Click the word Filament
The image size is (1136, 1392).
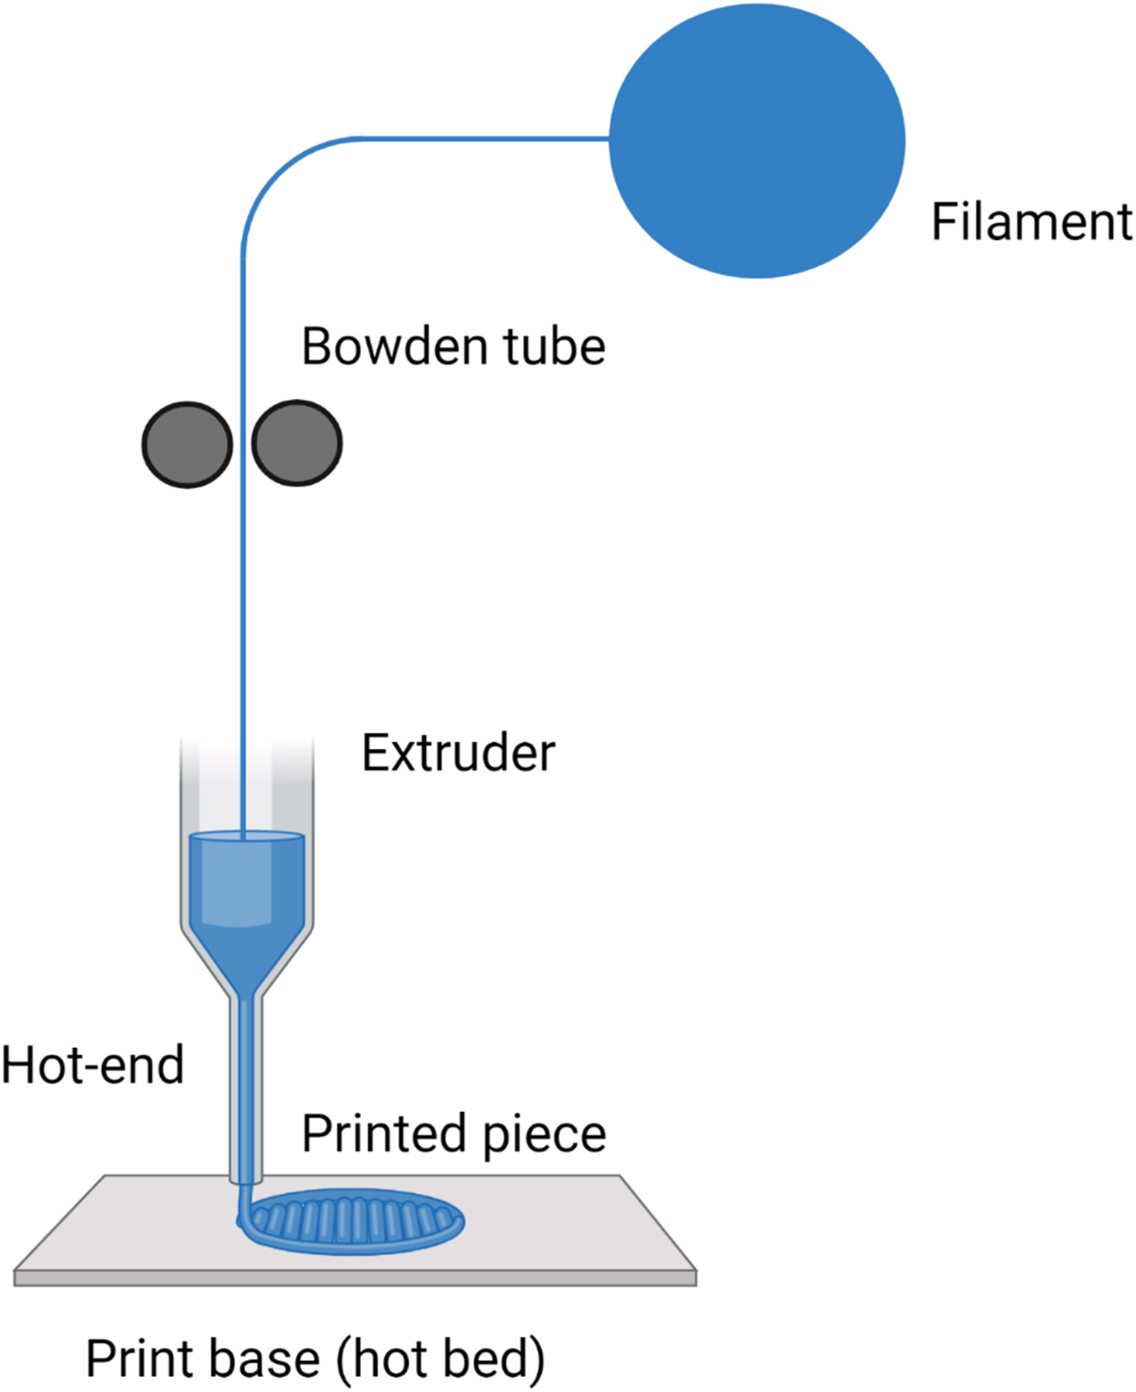pyautogui.click(x=1031, y=222)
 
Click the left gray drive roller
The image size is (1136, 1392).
pyautogui.click(x=187, y=444)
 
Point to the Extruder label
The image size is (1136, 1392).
pyautogui.click(x=458, y=753)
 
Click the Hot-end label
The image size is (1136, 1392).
pyautogui.click(x=93, y=1065)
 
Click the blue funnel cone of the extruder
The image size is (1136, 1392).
pyautogui.click(x=247, y=957)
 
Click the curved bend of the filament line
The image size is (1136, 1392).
pyautogui.click(x=273, y=177)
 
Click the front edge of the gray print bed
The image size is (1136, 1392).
pyautogui.click(x=354, y=1278)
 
